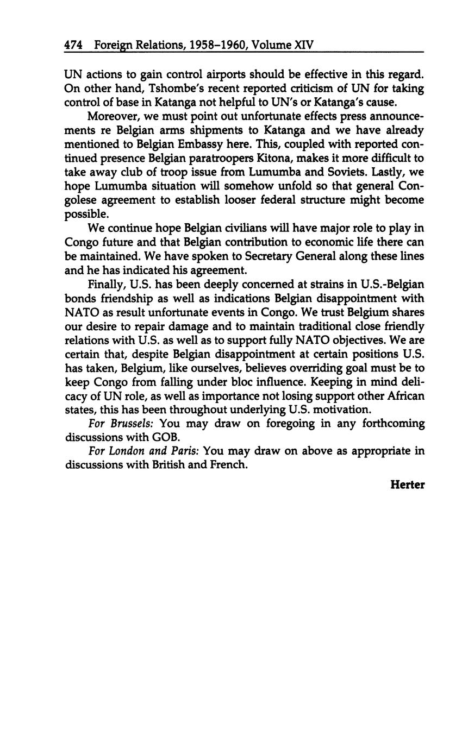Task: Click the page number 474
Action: click(73, 45)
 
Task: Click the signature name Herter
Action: click(407, 485)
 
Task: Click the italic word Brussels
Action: click(122, 423)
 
